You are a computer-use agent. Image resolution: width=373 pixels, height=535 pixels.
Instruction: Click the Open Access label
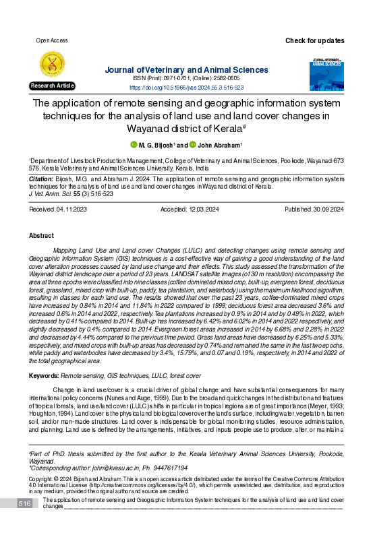tap(51, 40)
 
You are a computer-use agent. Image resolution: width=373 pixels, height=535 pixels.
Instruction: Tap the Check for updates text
tap(314, 40)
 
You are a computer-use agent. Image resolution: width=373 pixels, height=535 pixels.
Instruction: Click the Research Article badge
tap(52, 86)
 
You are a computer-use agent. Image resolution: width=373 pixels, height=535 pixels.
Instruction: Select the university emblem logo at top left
tap(52, 64)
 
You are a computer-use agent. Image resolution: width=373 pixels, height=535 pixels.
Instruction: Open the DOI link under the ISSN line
tap(186, 88)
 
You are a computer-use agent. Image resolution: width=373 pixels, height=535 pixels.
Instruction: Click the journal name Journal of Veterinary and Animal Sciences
tap(186, 69)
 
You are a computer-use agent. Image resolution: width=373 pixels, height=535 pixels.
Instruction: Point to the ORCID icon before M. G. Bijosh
tap(134, 144)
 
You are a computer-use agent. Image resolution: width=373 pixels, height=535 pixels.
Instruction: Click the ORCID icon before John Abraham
tap(193, 144)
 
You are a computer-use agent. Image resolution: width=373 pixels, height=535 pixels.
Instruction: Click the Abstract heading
tap(41, 237)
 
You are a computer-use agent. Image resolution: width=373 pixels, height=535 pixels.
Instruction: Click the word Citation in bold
tap(42, 179)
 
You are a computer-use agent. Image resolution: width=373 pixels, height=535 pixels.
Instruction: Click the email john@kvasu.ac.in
tap(125, 466)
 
